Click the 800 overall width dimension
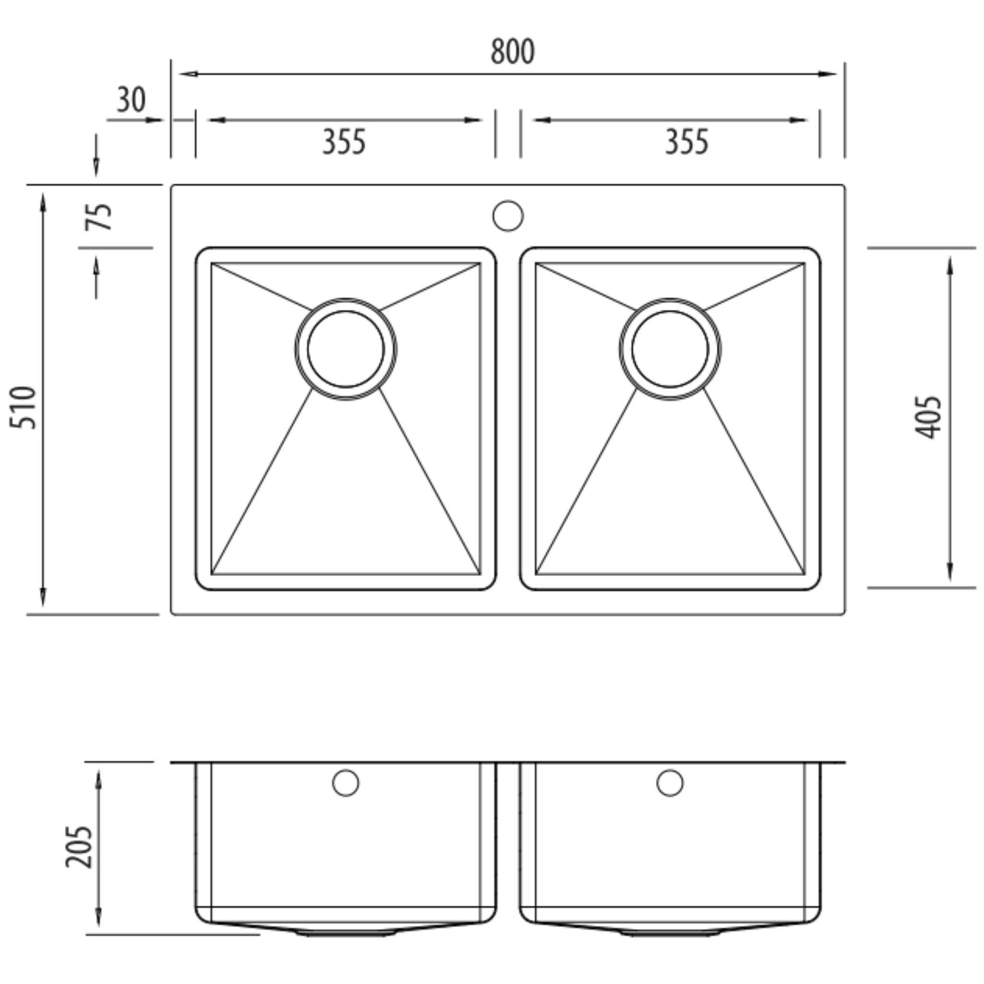click(x=512, y=52)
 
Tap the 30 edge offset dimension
click(x=131, y=100)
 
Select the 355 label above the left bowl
click(x=344, y=142)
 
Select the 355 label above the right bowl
click(x=687, y=142)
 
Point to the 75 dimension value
click(x=98, y=217)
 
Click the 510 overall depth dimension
click(x=24, y=407)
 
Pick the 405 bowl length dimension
click(x=927, y=417)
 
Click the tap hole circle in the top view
click(x=508, y=215)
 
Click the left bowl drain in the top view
click(x=345, y=349)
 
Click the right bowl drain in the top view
click(x=670, y=349)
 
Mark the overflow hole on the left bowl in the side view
click(x=345, y=783)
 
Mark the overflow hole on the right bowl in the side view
click(x=670, y=783)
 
